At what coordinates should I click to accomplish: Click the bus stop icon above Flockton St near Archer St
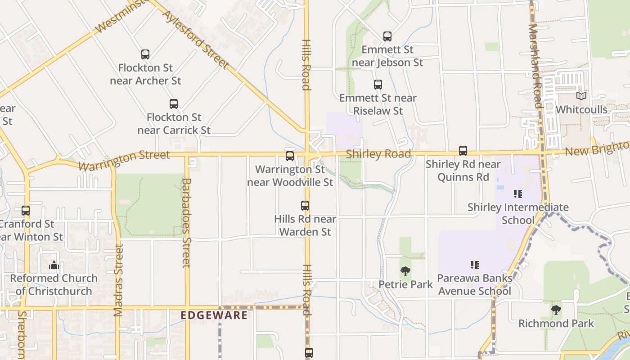pyautogui.click(x=145, y=54)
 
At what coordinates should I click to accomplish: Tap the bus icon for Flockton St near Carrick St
pyautogui.click(x=174, y=104)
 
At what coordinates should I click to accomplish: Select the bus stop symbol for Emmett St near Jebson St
pyautogui.click(x=387, y=36)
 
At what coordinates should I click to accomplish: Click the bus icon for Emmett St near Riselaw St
pyautogui.click(x=378, y=85)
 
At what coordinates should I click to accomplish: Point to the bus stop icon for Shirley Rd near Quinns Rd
pyautogui.click(x=463, y=151)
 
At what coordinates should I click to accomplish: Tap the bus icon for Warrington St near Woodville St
pyautogui.click(x=290, y=156)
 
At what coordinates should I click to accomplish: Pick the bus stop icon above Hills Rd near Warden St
pyautogui.click(x=305, y=206)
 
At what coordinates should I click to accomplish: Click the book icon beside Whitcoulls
pyautogui.click(x=581, y=96)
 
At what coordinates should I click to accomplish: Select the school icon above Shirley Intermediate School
pyautogui.click(x=518, y=194)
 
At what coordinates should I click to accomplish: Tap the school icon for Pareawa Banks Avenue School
pyautogui.click(x=474, y=265)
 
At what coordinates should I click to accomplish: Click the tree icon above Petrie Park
pyautogui.click(x=405, y=271)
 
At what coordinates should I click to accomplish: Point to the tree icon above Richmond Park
pyautogui.click(x=556, y=310)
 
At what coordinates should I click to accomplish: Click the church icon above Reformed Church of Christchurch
pyautogui.click(x=54, y=265)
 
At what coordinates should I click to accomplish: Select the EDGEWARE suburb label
pyautogui.click(x=214, y=315)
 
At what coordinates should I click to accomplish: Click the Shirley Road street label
pyautogui.click(x=378, y=154)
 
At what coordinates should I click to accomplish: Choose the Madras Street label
pyautogui.click(x=119, y=280)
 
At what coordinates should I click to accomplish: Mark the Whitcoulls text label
pyautogui.click(x=581, y=110)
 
